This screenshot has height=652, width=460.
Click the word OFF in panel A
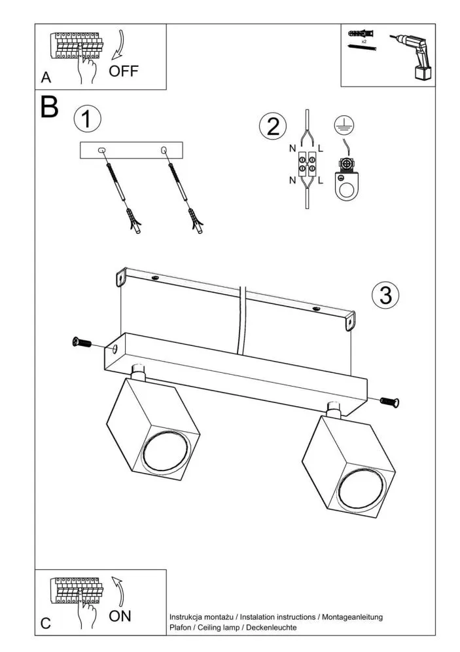pos(124,70)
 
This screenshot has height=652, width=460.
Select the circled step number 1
pos(88,119)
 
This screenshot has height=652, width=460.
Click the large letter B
pos(50,107)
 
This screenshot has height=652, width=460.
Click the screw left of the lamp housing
pos(81,342)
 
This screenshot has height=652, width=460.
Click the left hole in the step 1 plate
pos(101,151)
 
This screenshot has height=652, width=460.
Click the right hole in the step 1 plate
pos(163,151)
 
